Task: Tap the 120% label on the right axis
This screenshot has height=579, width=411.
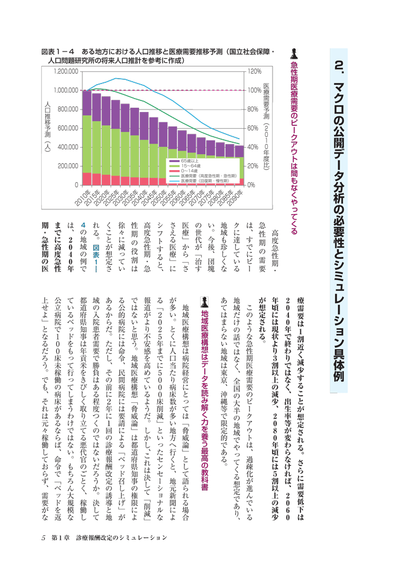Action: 254,71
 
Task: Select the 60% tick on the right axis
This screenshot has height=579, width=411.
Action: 253,128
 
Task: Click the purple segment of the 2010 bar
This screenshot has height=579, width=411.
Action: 87,103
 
